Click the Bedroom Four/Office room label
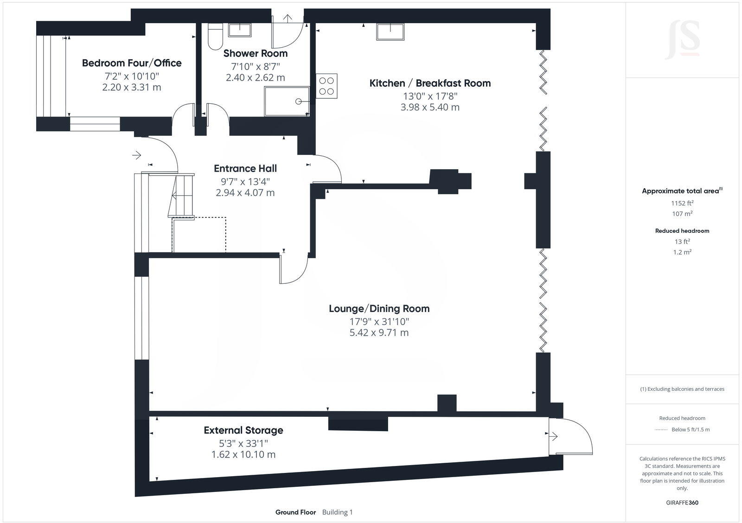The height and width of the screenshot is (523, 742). click(x=132, y=63)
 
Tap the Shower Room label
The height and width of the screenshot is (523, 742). click(x=255, y=53)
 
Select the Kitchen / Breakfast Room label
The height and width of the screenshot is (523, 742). click(x=430, y=83)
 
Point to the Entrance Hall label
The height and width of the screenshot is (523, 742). click(x=245, y=168)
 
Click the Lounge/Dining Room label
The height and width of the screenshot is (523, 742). click(x=379, y=309)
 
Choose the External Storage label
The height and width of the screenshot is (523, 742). click(x=243, y=430)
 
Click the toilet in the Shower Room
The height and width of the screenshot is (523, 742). click(x=215, y=36)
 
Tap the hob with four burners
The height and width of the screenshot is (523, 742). click(x=326, y=86)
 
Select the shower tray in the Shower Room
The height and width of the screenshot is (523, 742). click(x=287, y=101)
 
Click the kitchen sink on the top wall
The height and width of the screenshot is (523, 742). click(x=390, y=32)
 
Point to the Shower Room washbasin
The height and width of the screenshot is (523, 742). click(x=239, y=30)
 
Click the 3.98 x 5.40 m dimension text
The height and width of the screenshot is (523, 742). click(x=430, y=107)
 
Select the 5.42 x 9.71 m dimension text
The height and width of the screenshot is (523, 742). click(x=379, y=332)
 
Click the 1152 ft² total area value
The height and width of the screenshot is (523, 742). click(x=682, y=203)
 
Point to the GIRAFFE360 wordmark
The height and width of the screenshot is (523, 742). click(x=682, y=503)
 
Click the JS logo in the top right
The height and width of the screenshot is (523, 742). click(x=682, y=40)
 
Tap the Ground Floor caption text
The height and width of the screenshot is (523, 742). click(x=295, y=512)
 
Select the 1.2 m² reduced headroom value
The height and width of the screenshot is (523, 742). click(x=682, y=252)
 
